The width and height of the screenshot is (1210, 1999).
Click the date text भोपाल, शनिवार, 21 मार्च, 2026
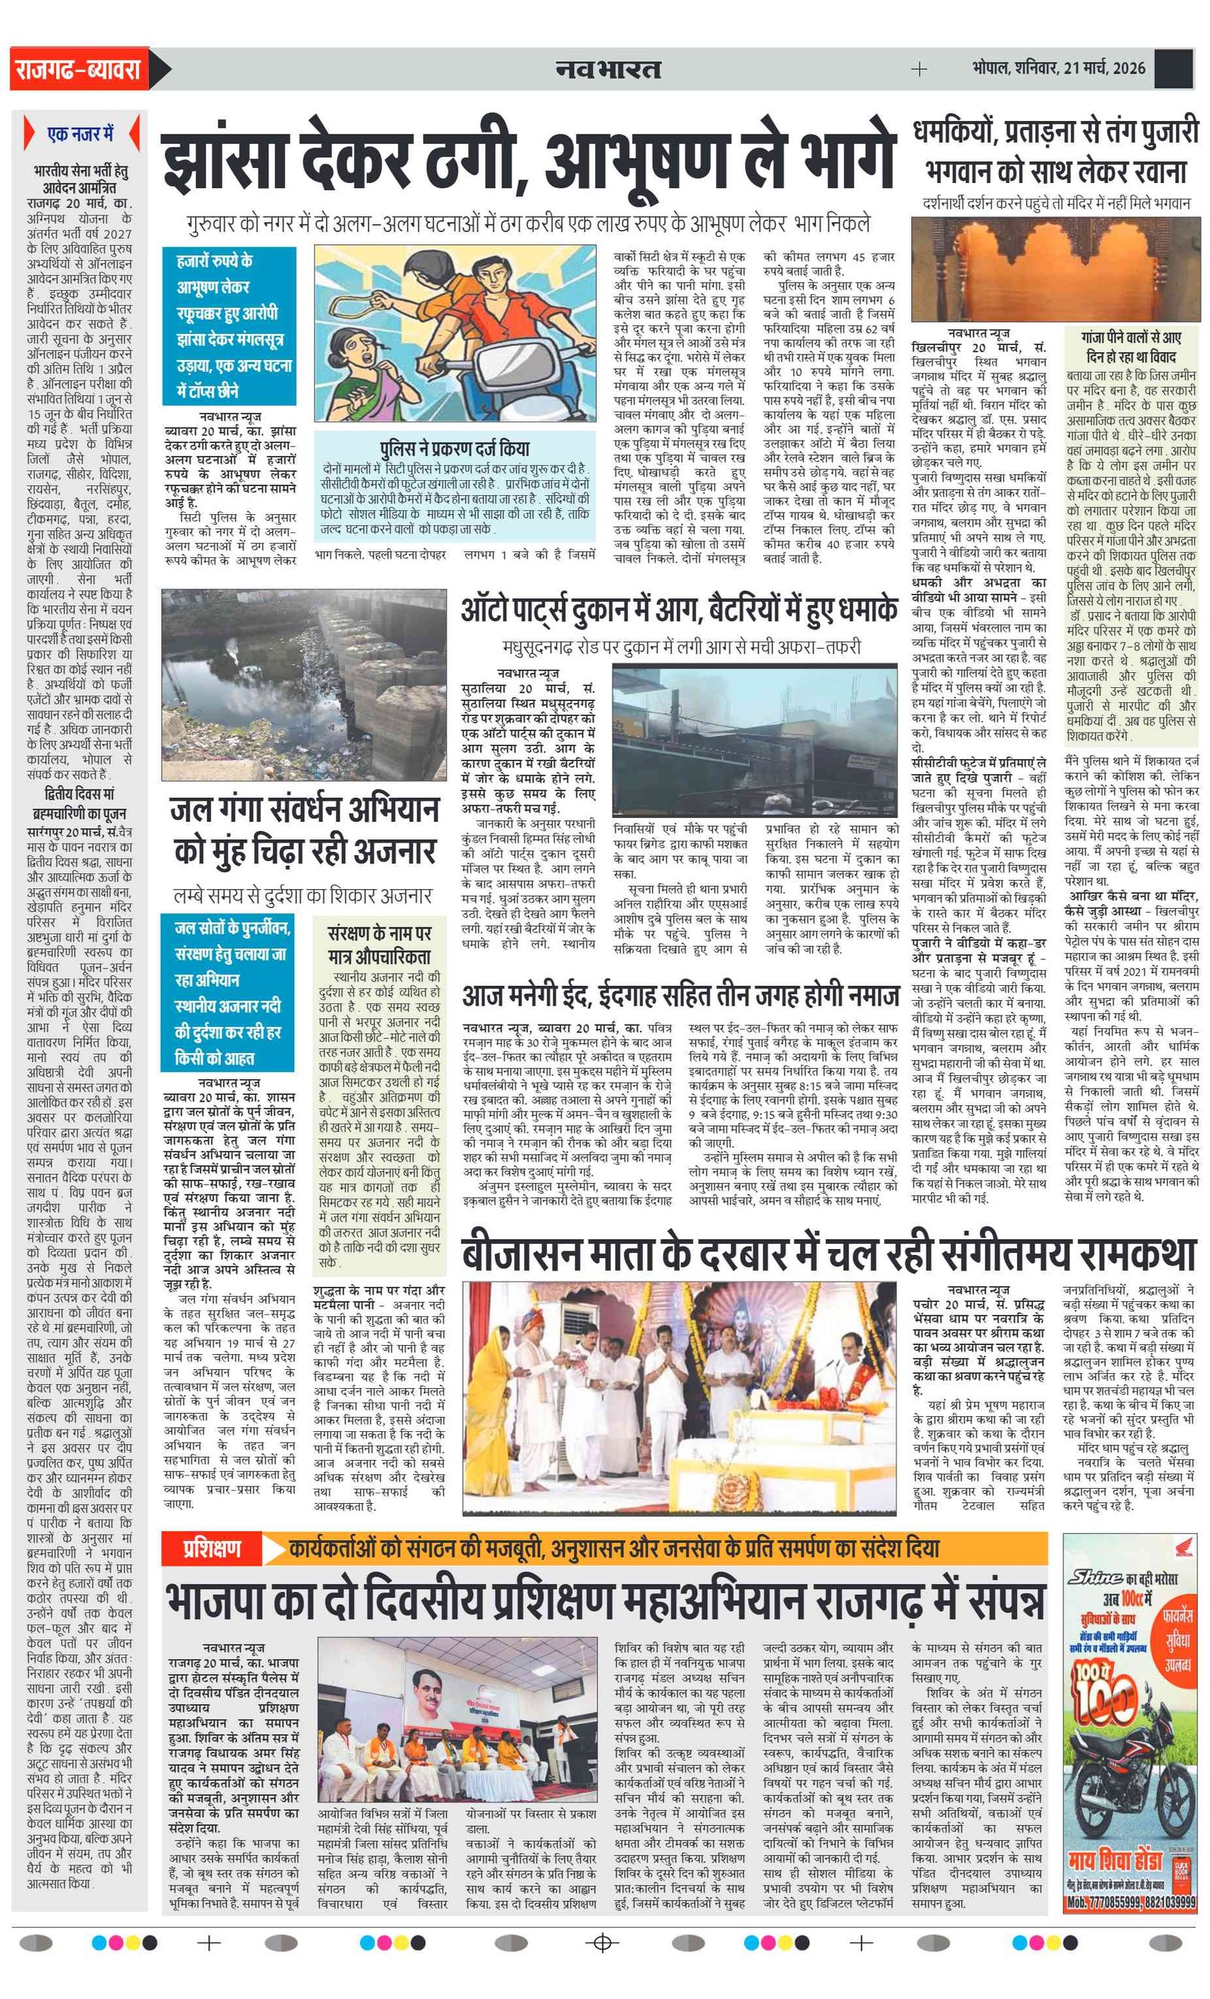(1058, 68)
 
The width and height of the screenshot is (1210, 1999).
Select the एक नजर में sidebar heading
(81, 134)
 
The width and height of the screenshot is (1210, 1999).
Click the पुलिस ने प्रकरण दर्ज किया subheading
(455, 448)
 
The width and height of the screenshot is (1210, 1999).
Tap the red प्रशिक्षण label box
(211, 1548)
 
